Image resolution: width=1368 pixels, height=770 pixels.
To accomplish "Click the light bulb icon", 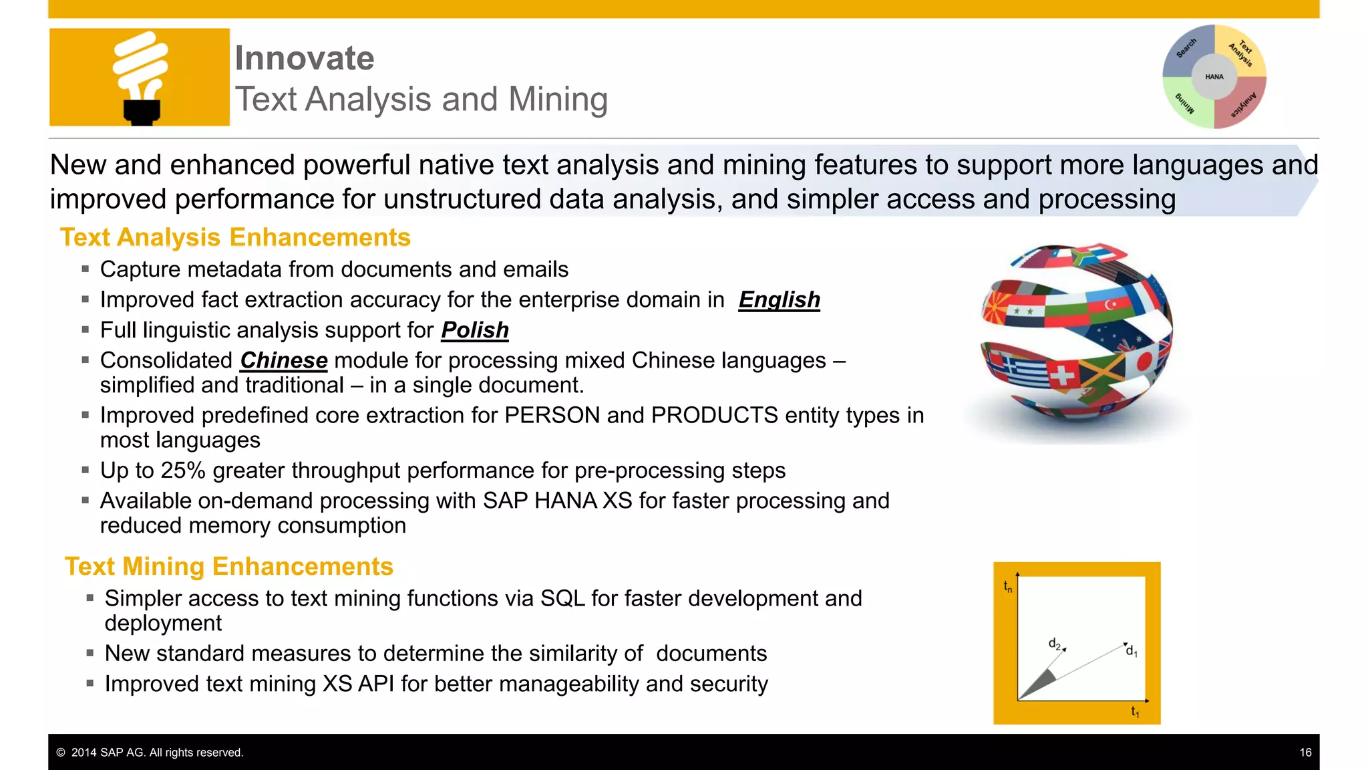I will click(x=140, y=77).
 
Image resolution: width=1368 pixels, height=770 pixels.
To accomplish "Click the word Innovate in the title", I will click(x=305, y=58).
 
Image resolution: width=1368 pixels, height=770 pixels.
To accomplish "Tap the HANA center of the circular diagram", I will click(x=1214, y=77).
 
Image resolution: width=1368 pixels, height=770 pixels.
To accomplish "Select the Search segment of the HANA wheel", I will click(x=1187, y=49).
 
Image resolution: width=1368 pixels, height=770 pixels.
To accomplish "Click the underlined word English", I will click(x=779, y=300).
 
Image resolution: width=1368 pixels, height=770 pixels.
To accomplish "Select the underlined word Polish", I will click(x=475, y=330).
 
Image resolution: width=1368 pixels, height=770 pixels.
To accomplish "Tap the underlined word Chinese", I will click(x=284, y=361).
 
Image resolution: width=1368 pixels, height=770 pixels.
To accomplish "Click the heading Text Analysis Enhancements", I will click(x=235, y=238).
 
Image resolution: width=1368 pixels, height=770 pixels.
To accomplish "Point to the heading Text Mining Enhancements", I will click(x=229, y=567).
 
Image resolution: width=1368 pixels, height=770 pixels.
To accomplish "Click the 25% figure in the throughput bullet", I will click(x=182, y=471).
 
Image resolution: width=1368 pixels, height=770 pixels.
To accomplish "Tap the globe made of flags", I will click(x=1076, y=338).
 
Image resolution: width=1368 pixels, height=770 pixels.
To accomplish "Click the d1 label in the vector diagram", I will click(x=1131, y=651).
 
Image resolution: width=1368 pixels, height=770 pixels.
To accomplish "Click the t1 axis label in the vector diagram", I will click(x=1135, y=712).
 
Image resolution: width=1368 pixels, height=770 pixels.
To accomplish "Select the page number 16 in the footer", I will click(x=1305, y=753).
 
